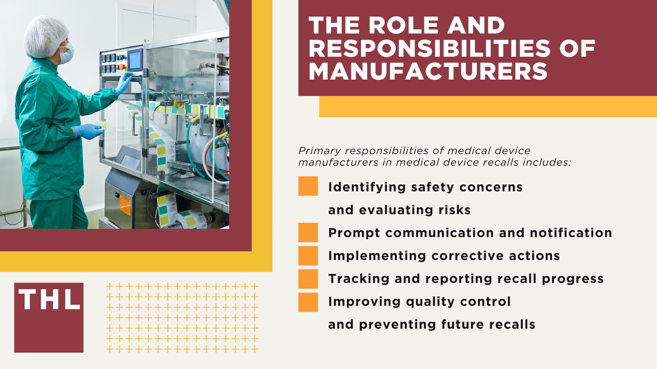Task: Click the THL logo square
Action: point(49,317)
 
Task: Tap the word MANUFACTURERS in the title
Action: point(428,71)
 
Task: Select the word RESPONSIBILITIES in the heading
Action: point(429,49)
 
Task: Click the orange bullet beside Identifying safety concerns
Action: point(308,186)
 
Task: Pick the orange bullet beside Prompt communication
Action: point(308,232)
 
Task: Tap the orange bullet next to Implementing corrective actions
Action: point(308,256)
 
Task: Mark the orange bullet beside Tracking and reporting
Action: point(308,279)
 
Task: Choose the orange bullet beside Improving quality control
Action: point(308,302)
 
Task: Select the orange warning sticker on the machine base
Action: point(125,205)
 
